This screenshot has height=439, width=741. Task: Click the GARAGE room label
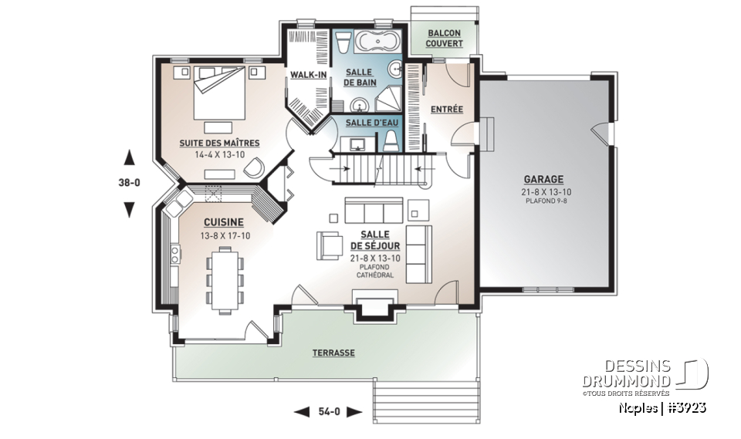click(546, 178)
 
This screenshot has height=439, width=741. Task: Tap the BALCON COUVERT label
click(444, 39)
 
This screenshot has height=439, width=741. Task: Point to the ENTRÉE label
click(446, 110)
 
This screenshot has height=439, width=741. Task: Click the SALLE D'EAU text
click(367, 123)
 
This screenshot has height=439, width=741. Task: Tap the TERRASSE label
click(333, 353)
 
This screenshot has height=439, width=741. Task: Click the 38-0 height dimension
click(130, 184)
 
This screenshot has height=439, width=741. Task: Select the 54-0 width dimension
click(329, 412)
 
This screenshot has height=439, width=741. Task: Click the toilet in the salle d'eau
click(391, 139)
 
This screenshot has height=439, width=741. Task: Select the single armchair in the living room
click(328, 245)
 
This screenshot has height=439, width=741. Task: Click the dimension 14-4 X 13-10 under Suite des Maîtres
click(218, 155)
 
